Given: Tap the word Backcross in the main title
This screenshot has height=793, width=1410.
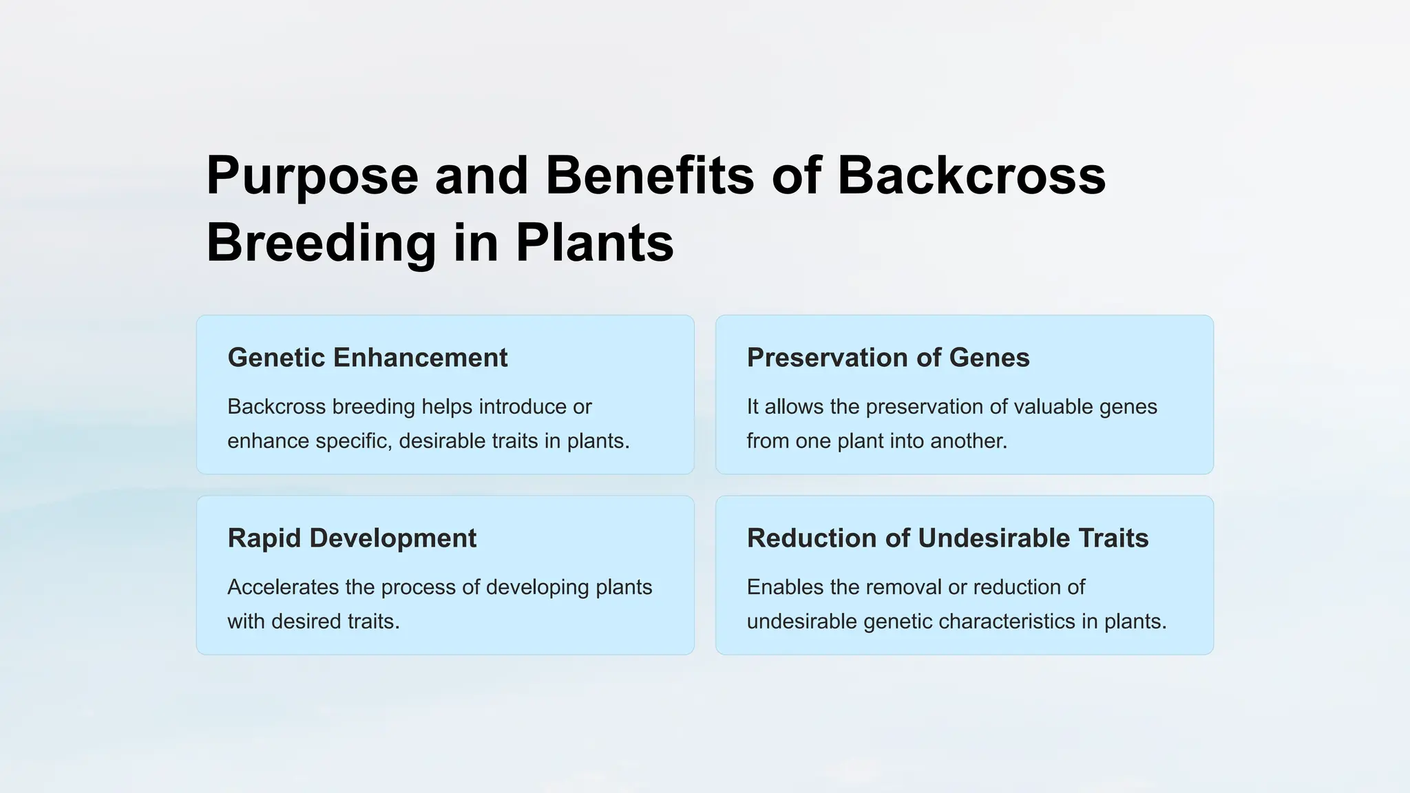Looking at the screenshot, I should pos(971,176).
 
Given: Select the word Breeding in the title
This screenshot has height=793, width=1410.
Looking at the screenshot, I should pos(321,244).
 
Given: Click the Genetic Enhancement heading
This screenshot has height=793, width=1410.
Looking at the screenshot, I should pos(367,358).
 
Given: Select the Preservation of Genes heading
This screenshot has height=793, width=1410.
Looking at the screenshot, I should pos(887,358).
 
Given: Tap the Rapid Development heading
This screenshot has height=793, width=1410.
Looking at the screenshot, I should pos(351,538).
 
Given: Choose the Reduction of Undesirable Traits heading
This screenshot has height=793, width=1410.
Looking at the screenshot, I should pos(947,538).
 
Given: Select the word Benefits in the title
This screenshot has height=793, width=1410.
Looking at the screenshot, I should pos(649,176).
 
